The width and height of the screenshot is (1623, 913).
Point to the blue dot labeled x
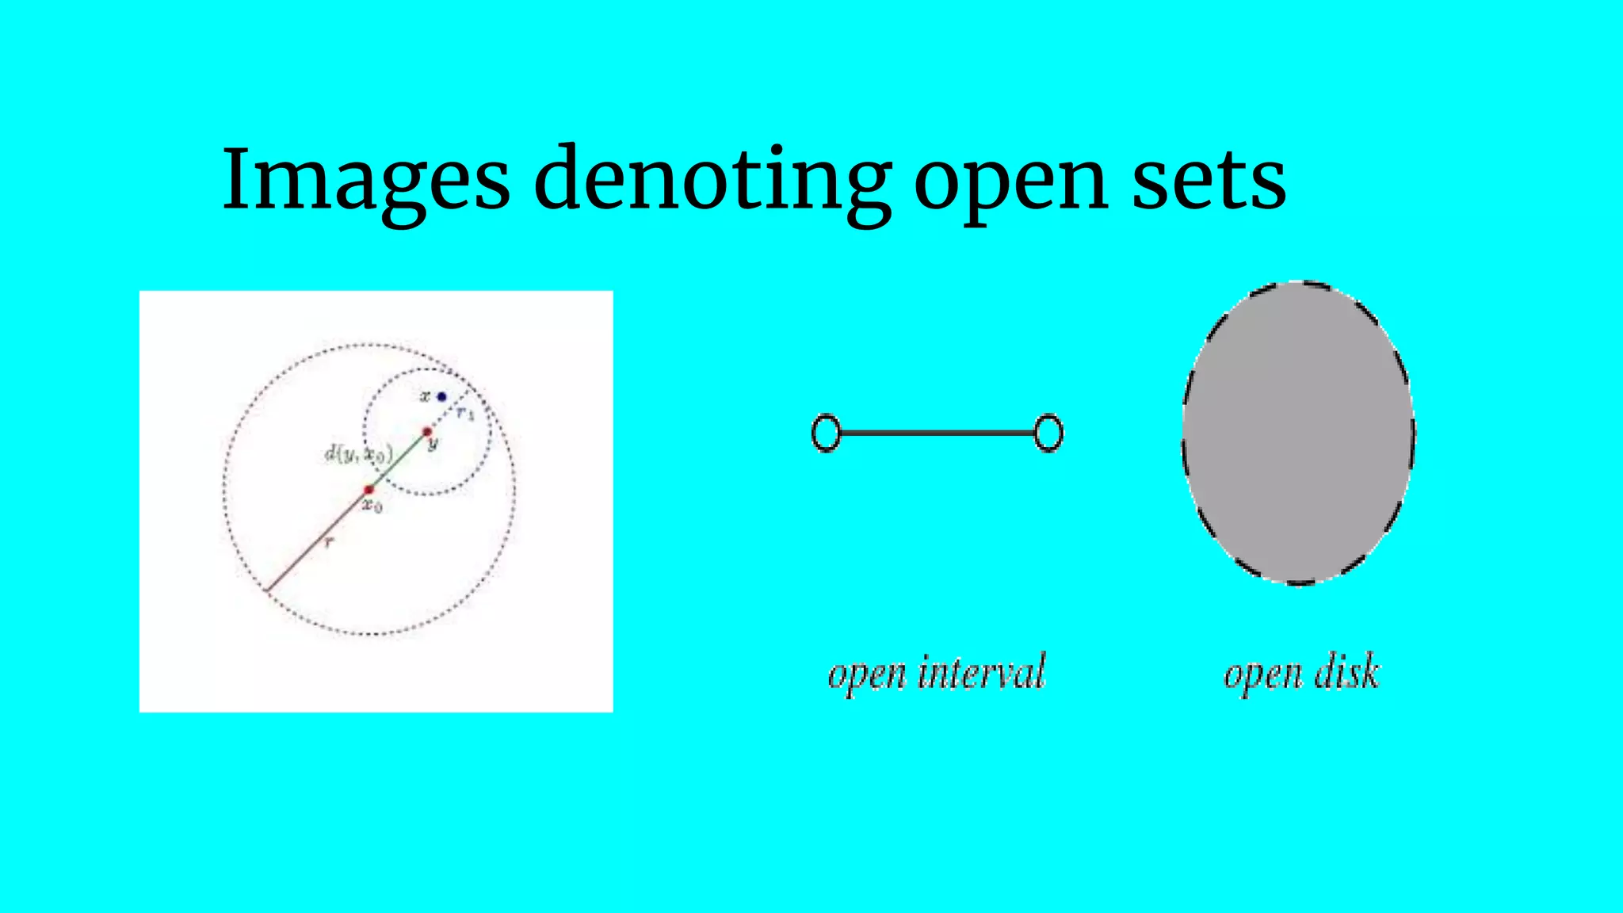click(x=441, y=396)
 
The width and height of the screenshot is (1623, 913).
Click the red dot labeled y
click(x=427, y=432)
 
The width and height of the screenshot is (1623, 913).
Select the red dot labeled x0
click(x=369, y=490)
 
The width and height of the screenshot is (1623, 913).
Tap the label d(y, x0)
click(x=358, y=454)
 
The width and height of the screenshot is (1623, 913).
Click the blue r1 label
click(x=465, y=413)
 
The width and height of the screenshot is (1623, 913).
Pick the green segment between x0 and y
click(x=398, y=461)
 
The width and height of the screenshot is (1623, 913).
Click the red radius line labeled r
click(x=317, y=541)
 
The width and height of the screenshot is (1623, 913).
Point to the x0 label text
click(x=372, y=505)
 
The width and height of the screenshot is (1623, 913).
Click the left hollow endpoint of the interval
click(x=826, y=434)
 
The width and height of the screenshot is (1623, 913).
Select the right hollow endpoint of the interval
click(x=1048, y=434)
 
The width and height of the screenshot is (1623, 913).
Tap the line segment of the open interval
click(x=937, y=434)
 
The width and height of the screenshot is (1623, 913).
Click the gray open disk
click(x=1298, y=433)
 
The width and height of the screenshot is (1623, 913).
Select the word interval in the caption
click(x=982, y=673)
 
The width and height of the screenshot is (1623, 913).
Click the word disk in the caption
click(x=1346, y=673)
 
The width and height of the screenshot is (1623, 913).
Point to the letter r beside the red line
click(x=329, y=542)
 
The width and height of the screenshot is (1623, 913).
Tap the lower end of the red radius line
click(x=268, y=589)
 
